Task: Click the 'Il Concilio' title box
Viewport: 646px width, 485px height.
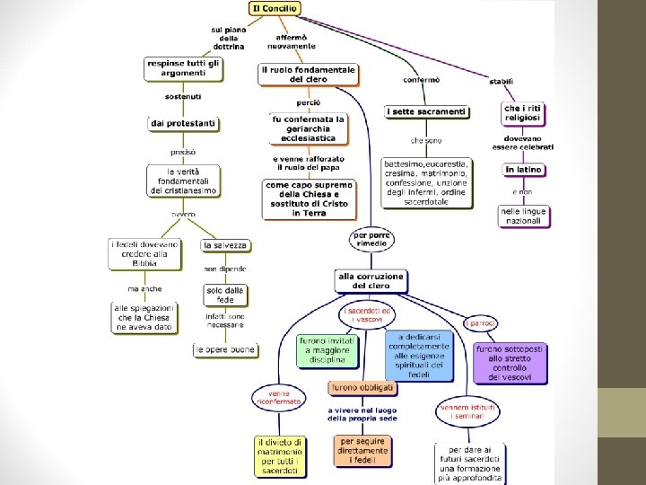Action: pyautogui.click(x=275, y=8)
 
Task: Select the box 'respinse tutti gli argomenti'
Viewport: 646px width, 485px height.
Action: pyautogui.click(x=182, y=68)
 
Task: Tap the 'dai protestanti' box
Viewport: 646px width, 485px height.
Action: pyautogui.click(x=182, y=122)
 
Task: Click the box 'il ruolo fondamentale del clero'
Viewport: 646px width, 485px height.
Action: pyautogui.click(x=309, y=74)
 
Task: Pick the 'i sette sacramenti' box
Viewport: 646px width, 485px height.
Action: pyautogui.click(x=426, y=111)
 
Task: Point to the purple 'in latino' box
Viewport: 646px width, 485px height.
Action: pyautogui.click(x=524, y=169)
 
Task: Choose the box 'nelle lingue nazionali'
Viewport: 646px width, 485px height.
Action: pyautogui.click(x=524, y=216)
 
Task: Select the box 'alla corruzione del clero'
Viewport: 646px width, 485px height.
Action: pyautogui.click(x=371, y=280)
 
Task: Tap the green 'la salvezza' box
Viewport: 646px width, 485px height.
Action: pyautogui.click(x=224, y=245)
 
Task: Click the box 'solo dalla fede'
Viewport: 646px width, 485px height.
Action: pyautogui.click(x=224, y=294)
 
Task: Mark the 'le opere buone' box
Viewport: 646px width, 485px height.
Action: pyautogui.click(x=225, y=349)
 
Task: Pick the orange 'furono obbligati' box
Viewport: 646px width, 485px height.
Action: pyautogui.click(x=362, y=388)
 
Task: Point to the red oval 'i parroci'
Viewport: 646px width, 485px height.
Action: pyautogui.click(x=480, y=323)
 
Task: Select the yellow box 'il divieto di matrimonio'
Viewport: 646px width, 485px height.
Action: pyautogui.click(x=280, y=455)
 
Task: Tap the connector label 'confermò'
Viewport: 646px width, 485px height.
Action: pyautogui.click(x=421, y=79)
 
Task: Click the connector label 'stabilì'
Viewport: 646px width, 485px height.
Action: pyautogui.click(x=502, y=82)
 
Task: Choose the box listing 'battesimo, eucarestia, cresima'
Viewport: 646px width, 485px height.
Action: pyautogui.click(x=426, y=183)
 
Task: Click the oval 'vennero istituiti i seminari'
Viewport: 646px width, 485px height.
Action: pyautogui.click(x=467, y=412)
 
